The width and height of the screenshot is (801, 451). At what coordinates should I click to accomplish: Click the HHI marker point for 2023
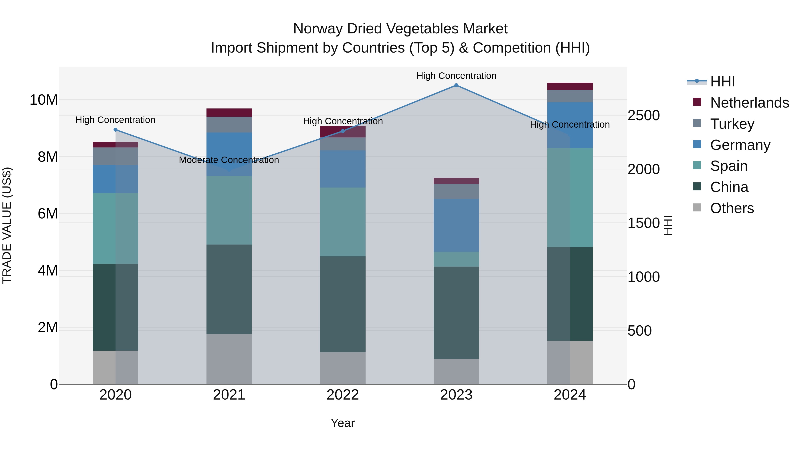pos(456,85)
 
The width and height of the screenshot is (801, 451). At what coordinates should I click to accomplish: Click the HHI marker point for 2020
pos(115,130)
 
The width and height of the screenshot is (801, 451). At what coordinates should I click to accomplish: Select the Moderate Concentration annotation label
pos(229,160)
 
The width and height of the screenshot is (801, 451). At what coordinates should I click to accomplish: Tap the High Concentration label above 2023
pos(456,76)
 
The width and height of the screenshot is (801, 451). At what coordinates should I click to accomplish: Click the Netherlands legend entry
pos(749,103)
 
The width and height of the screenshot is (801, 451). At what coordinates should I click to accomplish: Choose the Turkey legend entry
pos(732,124)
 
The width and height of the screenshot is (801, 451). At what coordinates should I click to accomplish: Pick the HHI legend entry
pos(722,82)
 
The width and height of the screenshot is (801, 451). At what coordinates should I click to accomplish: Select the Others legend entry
pos(732,208)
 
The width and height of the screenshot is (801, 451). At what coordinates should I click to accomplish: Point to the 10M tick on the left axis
pos(44,100)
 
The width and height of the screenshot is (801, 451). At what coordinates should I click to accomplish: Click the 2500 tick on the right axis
pos(643,115)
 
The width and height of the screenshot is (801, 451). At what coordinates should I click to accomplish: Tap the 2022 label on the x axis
pos(343,395)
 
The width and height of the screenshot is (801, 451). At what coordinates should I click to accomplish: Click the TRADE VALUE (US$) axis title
pos(7,225)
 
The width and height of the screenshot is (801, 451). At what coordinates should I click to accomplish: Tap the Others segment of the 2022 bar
pos(343,368)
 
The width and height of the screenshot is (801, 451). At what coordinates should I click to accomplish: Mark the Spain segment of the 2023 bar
pos(456,259)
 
